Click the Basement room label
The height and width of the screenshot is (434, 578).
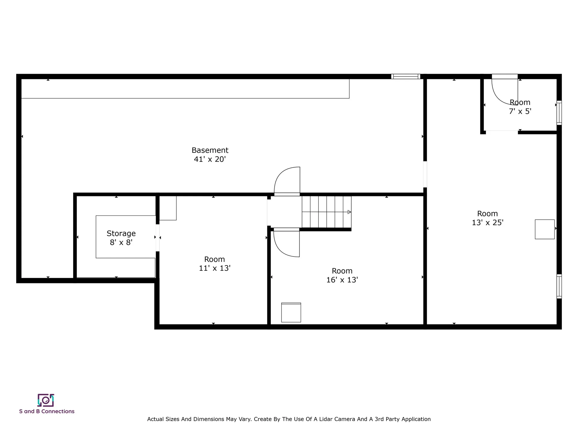(210, 150)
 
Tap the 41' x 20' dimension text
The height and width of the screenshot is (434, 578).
(210, 159)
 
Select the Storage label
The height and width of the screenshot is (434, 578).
(121, 233)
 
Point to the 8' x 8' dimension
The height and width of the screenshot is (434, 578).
(121, 242)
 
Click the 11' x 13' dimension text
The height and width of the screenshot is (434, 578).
(215, 268)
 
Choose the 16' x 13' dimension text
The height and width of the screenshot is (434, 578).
(342, 280)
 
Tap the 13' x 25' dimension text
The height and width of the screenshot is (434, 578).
(487, 222)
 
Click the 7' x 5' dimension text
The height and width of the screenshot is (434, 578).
(520, 111)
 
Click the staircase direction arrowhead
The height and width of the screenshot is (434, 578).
(349, 212)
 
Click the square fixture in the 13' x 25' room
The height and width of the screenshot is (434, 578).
(545, 229)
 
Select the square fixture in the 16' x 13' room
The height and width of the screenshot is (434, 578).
(291, 313)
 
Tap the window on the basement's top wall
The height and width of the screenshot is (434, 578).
(406, 77)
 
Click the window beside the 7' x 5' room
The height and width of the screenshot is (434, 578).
(559, 113)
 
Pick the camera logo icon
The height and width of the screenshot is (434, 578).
(46, 400)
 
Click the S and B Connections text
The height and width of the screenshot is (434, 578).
(47, 411)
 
